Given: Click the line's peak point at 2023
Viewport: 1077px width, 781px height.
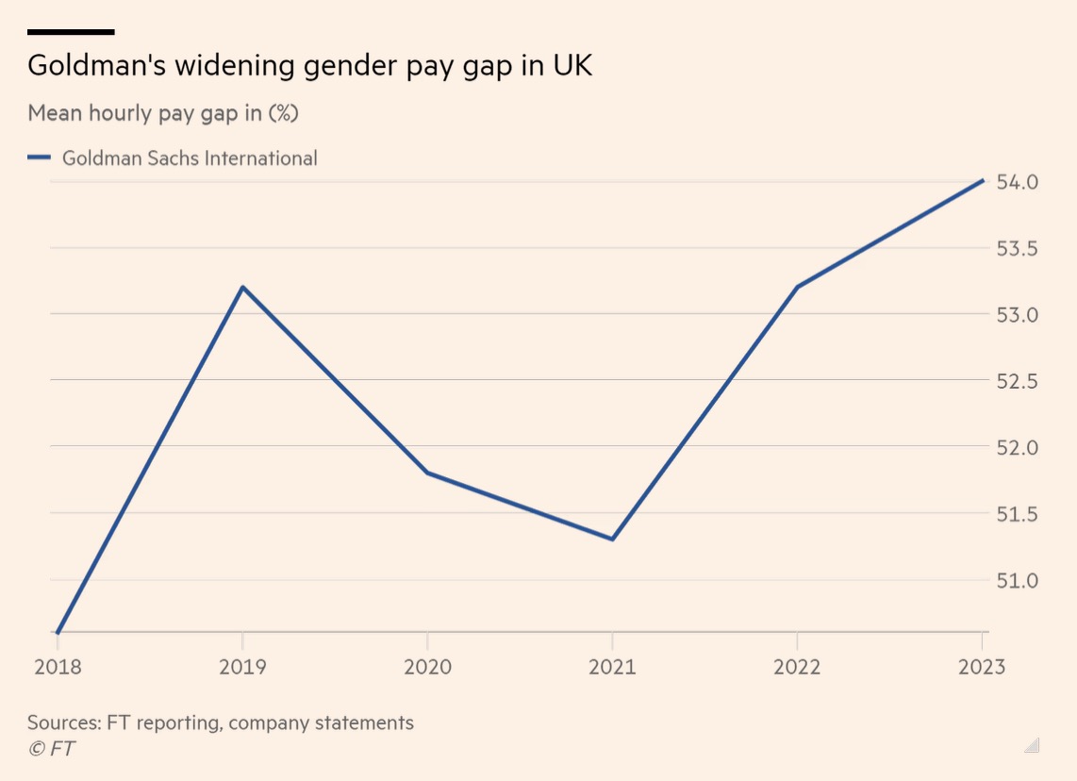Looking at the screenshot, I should click(984, 180).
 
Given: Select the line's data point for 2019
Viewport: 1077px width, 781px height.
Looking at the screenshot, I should click(242, 287).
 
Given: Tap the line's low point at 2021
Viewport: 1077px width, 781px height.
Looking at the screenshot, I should click(613, 539).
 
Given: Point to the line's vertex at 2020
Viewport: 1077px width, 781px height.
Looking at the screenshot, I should click(427, 473).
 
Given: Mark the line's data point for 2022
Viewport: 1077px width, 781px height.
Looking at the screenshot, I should click(798, 287).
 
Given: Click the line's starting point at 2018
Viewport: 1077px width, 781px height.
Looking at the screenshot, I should click(58, 632).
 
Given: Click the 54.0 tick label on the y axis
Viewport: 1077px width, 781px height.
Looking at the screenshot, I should click(1018, 181).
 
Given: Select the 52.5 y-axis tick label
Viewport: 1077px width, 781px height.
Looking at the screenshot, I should click(1018, 381).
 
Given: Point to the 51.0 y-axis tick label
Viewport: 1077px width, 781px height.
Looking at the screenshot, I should click(1018, 580).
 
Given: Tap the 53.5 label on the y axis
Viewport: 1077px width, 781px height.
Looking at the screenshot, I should click(1018, 248).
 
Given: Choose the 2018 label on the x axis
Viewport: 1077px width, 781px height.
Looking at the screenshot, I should click(58, 668).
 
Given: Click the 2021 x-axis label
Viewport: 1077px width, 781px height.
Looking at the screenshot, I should click(613, 668).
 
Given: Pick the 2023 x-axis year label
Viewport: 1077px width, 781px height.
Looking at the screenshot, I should click(982, 668).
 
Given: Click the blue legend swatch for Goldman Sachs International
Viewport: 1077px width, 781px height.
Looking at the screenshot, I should click(39, 158).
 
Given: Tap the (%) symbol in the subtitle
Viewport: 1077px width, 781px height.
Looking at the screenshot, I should click(284, 113).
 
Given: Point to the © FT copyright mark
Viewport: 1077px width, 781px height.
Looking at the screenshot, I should click(52, 749).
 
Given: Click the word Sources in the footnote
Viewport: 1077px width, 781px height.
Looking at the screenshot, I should click(64, 723).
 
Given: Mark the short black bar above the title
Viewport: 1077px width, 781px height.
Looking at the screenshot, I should click(71, 32).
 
